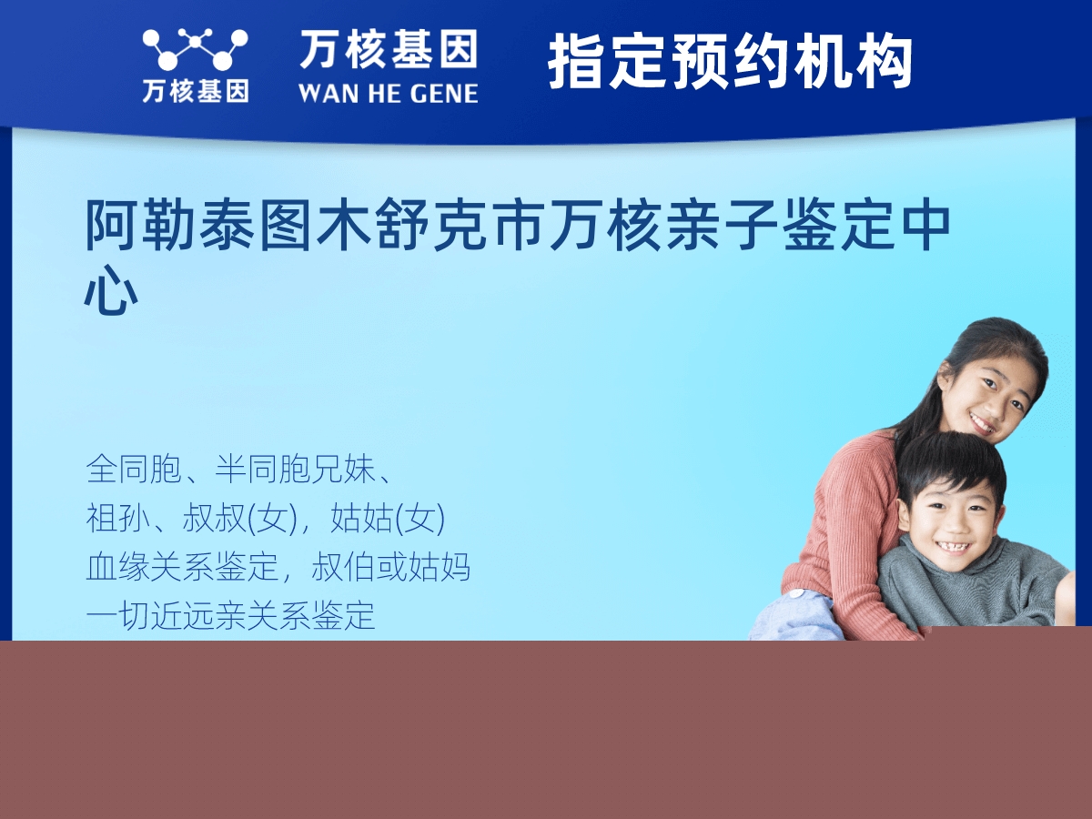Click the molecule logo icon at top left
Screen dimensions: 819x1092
194,49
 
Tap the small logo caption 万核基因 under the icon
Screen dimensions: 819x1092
195,91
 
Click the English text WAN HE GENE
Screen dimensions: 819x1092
388,93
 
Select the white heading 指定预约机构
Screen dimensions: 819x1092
730,62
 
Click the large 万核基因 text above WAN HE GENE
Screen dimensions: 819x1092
389,49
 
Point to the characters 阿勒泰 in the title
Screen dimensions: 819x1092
172,227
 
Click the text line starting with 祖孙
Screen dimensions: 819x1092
265,519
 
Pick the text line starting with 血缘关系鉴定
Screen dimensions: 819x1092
278,567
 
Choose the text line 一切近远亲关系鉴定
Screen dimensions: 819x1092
230,616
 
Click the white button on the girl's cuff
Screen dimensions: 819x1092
797,595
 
